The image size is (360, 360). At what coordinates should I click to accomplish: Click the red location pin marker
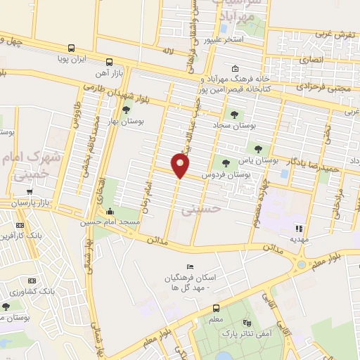tap(181, 165)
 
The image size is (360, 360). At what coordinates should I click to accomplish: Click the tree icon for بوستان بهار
tap(126, 109)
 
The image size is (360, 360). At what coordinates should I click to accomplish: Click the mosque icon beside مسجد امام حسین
tap(109, 212)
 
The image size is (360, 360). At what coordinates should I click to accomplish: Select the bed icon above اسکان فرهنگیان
tap(189, 267)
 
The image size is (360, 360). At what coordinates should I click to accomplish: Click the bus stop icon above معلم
tap(216, 308)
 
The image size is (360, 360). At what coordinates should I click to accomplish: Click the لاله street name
tap(167, 52)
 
